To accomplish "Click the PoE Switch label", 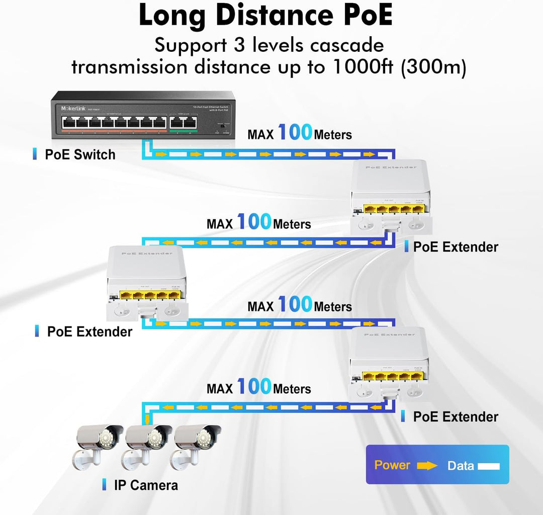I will (80, 154).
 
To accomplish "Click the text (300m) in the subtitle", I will (433, 67).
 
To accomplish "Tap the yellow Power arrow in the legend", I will (427, 466).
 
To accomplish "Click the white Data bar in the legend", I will (489, 466).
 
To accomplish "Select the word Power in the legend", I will (392, 465).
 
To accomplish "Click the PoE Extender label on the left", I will (89, 332).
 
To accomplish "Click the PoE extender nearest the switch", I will (391, 199).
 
